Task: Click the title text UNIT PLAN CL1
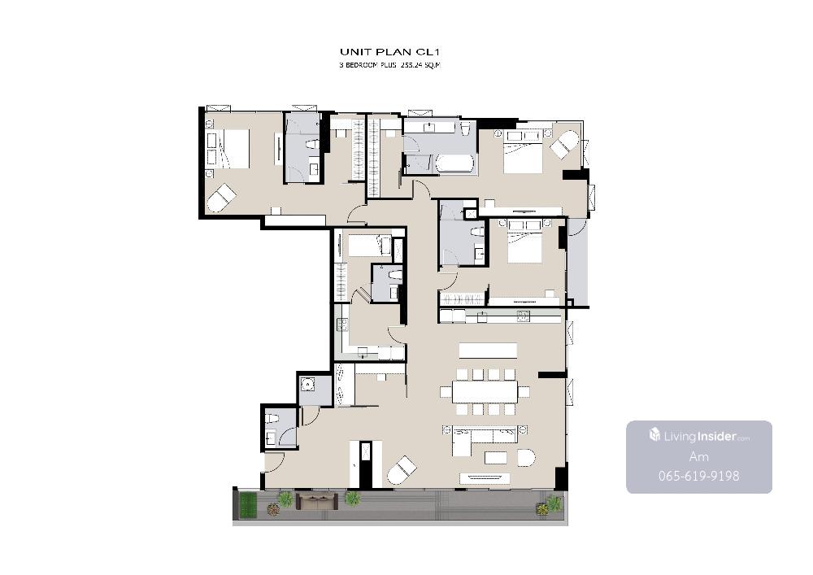[390, 52]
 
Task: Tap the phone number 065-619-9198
[698, 476]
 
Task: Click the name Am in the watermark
[698, 457]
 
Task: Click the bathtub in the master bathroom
[455, 163]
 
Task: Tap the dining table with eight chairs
[485, 391]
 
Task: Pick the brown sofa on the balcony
[316, 501]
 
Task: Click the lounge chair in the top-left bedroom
[221, 198]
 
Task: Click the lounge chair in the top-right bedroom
[563, 145]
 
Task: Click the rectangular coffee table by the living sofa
[496, 457]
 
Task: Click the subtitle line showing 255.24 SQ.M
[390, 65]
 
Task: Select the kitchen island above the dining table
[488, 350]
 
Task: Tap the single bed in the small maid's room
[370, 246]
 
